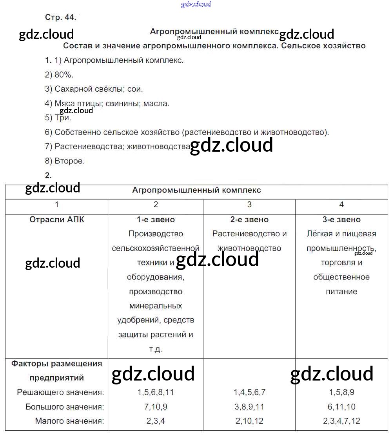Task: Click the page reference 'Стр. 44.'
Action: pos(60,17)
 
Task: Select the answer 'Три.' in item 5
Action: pos(63,118)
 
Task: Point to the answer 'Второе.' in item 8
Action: pos(69,161)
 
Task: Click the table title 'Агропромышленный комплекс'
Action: pos(196,190)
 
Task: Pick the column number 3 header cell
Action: pos(249,205)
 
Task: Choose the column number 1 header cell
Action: pos(57,205)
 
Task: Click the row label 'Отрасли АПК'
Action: pos(57,219)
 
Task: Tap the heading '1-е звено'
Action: pos(156,219)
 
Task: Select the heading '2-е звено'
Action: pos(249,219)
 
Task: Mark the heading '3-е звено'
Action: pos(341,219)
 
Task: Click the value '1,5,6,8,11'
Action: pos(156,392)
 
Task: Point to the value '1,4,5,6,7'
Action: pos(249,392)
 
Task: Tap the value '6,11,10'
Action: pos(341,407)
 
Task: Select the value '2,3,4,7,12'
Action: pos(341,421)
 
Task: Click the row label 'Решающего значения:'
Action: pos(60,392)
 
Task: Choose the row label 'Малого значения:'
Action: pos(69,421)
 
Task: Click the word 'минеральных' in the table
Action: pos(156,306)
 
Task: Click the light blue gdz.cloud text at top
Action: pos(196,4)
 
